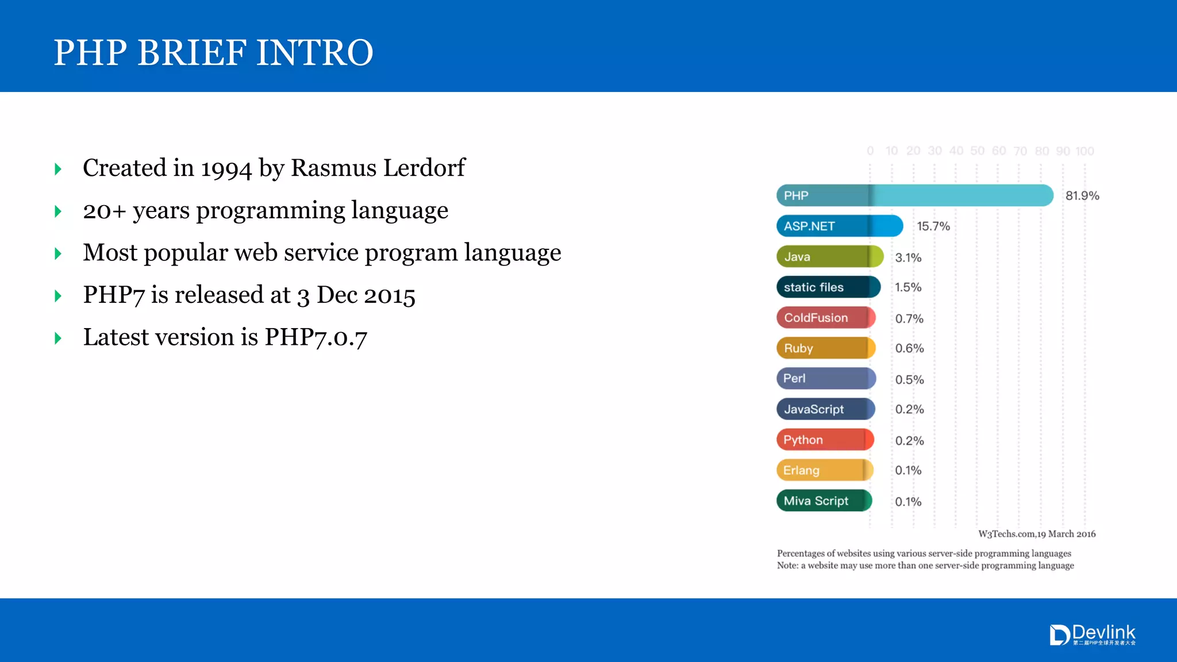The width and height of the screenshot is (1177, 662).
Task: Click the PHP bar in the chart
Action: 914,195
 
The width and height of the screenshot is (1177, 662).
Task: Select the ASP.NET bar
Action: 839,226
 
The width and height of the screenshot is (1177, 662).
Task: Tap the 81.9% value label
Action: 1082,196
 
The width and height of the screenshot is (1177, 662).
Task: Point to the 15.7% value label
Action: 933,226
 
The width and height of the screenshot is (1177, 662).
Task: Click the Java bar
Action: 829,256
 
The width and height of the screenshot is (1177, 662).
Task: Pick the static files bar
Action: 828,287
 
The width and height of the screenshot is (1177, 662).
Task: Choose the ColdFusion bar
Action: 825,317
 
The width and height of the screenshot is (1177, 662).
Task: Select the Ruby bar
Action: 825,348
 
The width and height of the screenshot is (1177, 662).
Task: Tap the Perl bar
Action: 825,378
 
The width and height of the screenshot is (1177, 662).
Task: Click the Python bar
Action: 825,440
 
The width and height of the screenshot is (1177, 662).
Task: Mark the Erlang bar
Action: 824,470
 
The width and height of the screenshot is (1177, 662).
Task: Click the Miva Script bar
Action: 824,501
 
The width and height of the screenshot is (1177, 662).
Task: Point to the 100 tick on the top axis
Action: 1084,151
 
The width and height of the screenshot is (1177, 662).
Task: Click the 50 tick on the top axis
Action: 977,151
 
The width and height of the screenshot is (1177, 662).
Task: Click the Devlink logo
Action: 1093,635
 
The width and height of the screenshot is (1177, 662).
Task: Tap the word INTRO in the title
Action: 314,53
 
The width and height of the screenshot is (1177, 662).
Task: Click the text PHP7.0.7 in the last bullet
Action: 316,337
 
